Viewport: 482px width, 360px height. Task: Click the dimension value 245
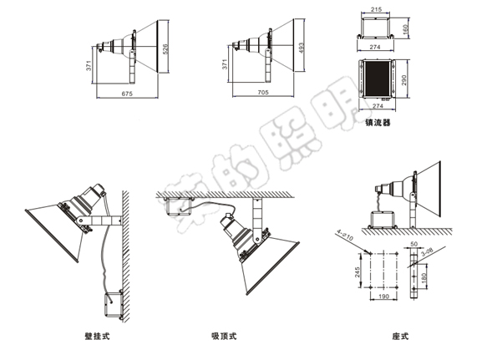click(x=358, y=271)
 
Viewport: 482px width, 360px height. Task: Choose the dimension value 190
click(x=383, y=297)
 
